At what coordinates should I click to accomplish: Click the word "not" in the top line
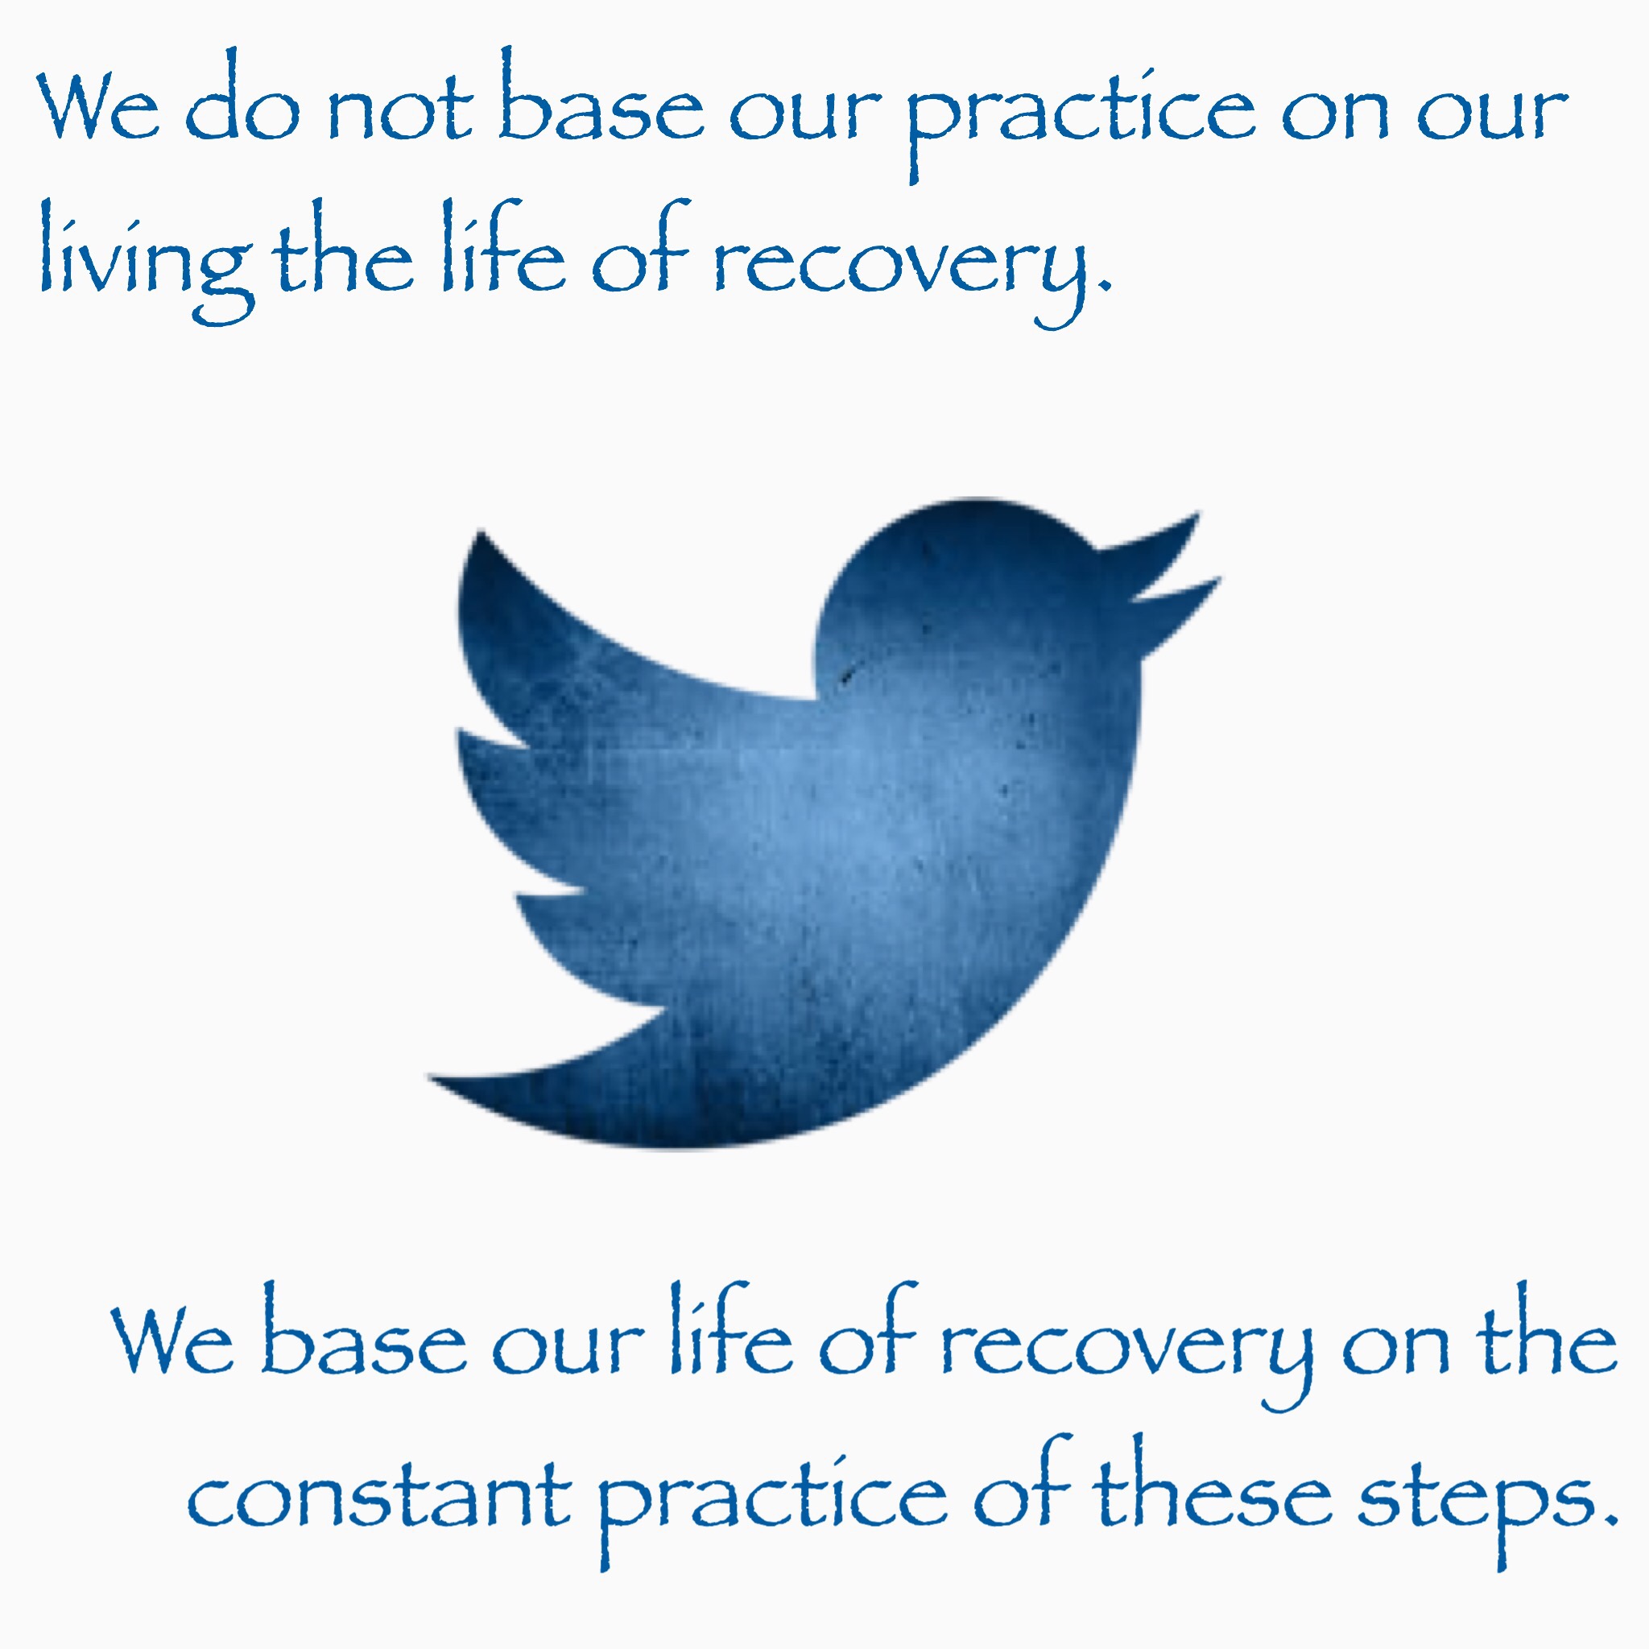coord(400,110)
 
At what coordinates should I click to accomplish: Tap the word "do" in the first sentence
coord(242,96)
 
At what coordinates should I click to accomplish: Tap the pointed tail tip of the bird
coord(428,1077)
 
